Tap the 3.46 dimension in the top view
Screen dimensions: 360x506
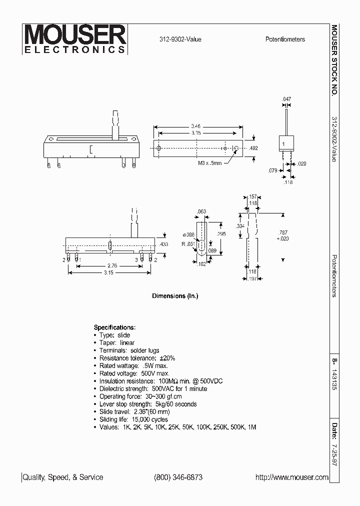click(196, 125)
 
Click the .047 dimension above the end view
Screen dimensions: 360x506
click(286, 99)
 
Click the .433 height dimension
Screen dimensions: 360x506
click(164, 244)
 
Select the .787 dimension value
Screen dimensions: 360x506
click(283, 232)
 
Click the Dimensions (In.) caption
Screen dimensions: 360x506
click(175, 296)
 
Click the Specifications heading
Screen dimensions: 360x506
click(114, 327)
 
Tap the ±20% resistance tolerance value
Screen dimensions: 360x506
click(165, 358)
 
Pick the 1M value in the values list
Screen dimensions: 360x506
click(251, 427)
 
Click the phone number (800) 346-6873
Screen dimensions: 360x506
click(178, 477)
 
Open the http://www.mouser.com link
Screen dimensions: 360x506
click(292, 477)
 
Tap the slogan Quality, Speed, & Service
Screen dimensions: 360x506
click(63, 477)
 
